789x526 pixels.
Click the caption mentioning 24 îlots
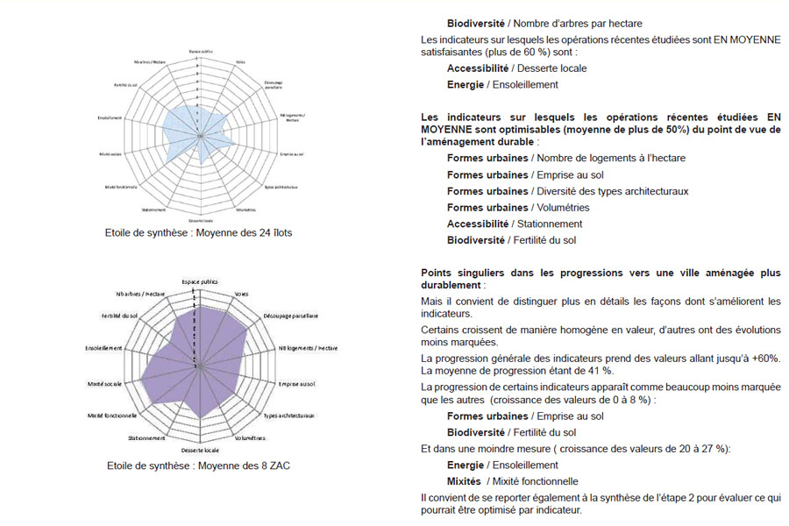197,233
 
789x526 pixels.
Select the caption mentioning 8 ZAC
197,466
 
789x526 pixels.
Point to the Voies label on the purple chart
240,294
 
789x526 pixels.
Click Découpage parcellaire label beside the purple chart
290,315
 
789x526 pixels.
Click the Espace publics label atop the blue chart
201,51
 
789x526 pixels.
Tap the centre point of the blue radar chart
201,135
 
